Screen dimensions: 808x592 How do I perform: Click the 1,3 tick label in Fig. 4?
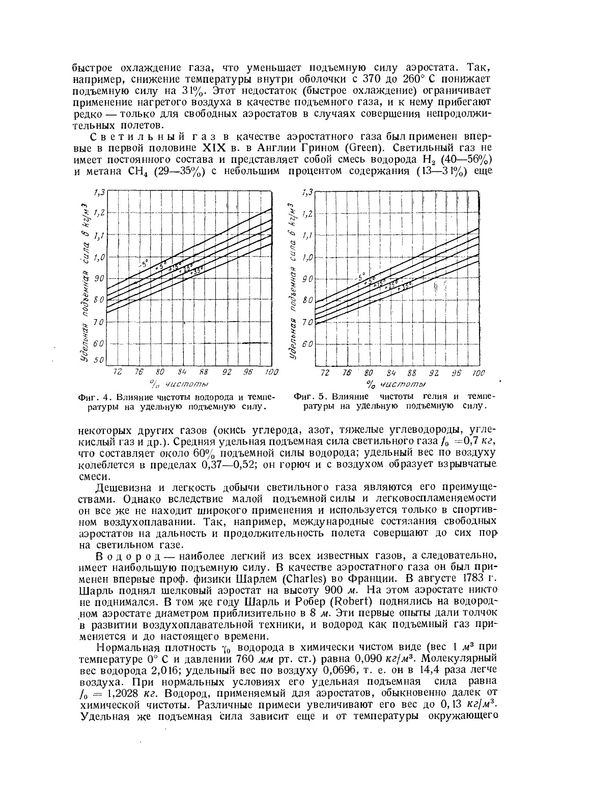click(x=98, y=192)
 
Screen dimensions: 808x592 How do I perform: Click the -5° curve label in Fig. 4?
click(x=144, y=264)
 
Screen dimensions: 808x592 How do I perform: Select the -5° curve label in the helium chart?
click(x=360, y=278)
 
